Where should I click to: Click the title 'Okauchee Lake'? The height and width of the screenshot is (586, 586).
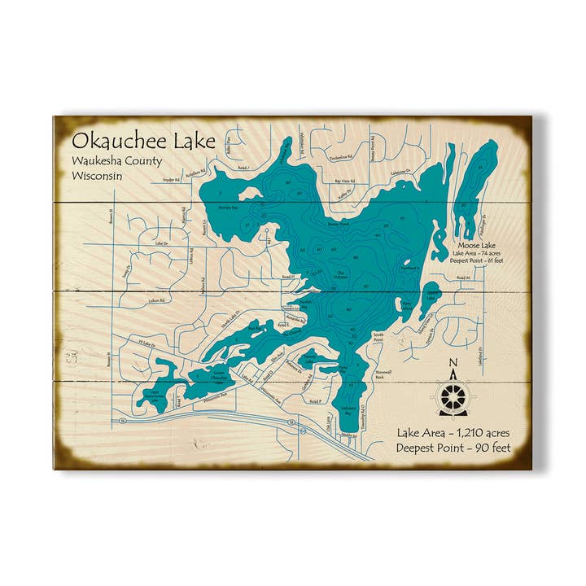tap(143, 141)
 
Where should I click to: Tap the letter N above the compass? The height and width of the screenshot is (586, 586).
tap(453, 364)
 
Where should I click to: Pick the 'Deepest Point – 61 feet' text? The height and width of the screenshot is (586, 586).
tap(479, 262)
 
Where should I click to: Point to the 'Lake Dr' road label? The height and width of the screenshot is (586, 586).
tap(160, 243)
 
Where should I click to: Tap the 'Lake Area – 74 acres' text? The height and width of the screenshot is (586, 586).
tap(479, 253)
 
